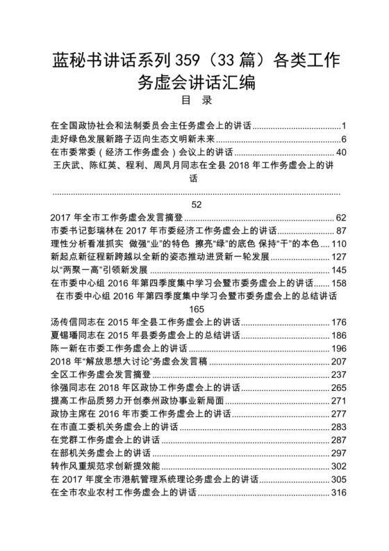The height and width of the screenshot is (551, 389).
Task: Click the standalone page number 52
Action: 194,204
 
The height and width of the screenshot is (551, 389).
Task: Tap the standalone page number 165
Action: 194,308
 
